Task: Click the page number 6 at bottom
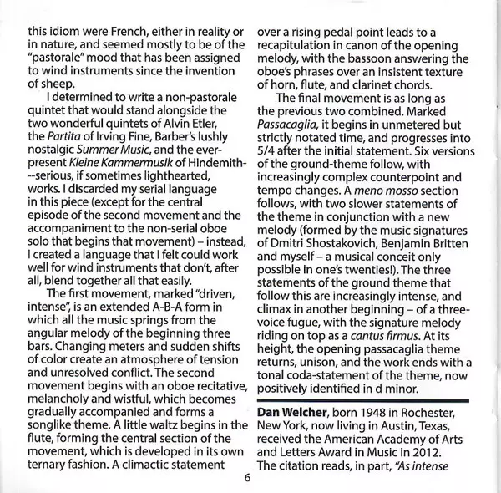[248, 479]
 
